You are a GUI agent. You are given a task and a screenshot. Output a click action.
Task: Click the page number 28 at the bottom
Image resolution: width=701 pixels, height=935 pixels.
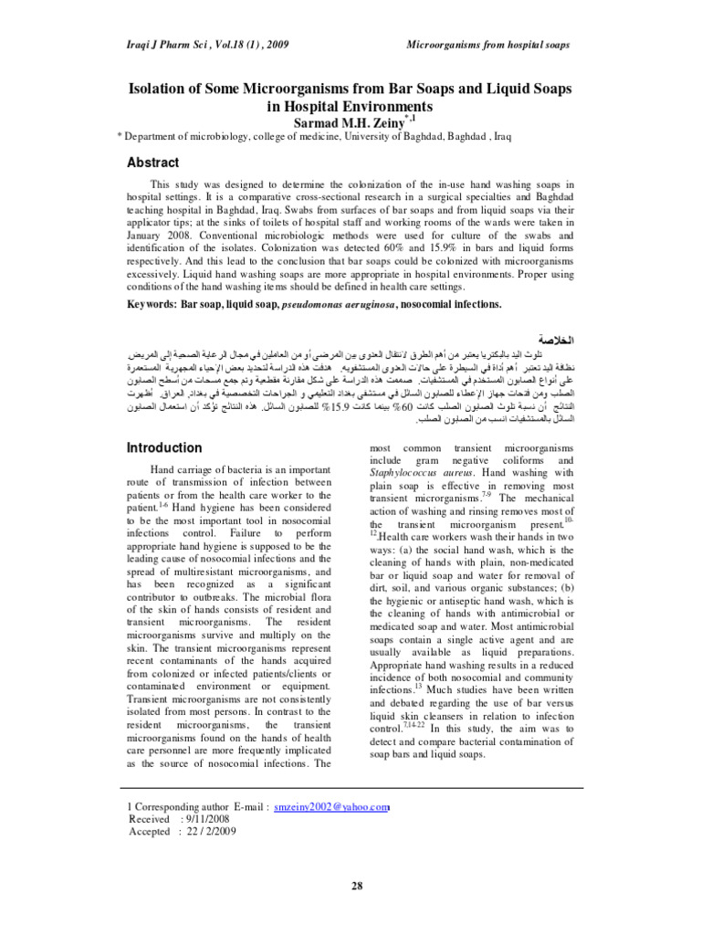pos(350,886)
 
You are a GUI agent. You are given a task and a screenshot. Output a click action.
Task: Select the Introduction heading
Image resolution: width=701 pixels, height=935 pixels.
pos(163,447)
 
